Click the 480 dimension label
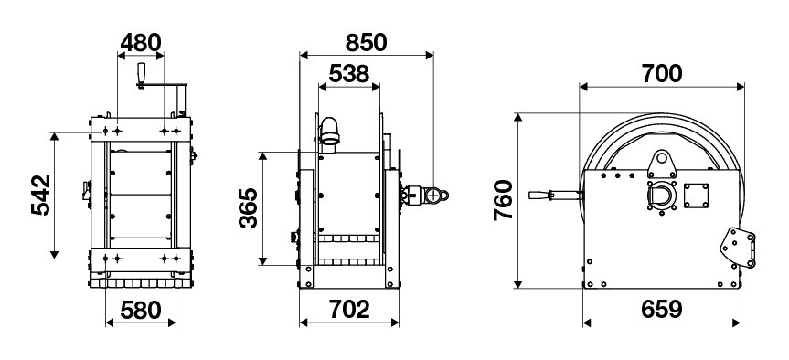141,43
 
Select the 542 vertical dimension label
41,196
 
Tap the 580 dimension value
141,311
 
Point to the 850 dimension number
366,43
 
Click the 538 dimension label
348,74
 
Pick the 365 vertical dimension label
248,207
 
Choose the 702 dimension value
349,309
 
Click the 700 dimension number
662,74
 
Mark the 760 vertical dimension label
503,200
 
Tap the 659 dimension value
661,309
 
